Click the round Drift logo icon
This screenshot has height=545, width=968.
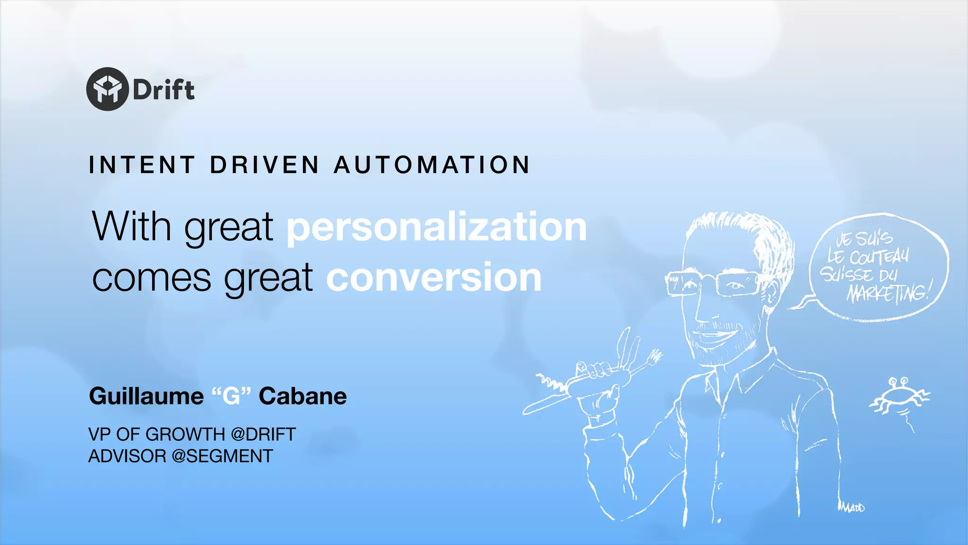tap(107, 89)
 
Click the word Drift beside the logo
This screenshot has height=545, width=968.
tap(164, 90)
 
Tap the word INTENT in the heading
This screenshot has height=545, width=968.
tap(142, 165)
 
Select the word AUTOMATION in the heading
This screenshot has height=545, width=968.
tap(432, 165)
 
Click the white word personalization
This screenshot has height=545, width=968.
tap(436, 227)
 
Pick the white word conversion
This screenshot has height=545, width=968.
tap(434, 278)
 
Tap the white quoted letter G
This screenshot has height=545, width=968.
tap(231, 396)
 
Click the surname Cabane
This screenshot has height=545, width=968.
tap(302, 396)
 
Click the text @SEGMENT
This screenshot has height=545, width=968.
tap(222, 456)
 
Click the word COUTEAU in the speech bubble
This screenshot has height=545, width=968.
tap(878, 257)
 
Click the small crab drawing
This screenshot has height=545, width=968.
tap(897, 396)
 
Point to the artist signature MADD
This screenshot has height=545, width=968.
tap(853, 508)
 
